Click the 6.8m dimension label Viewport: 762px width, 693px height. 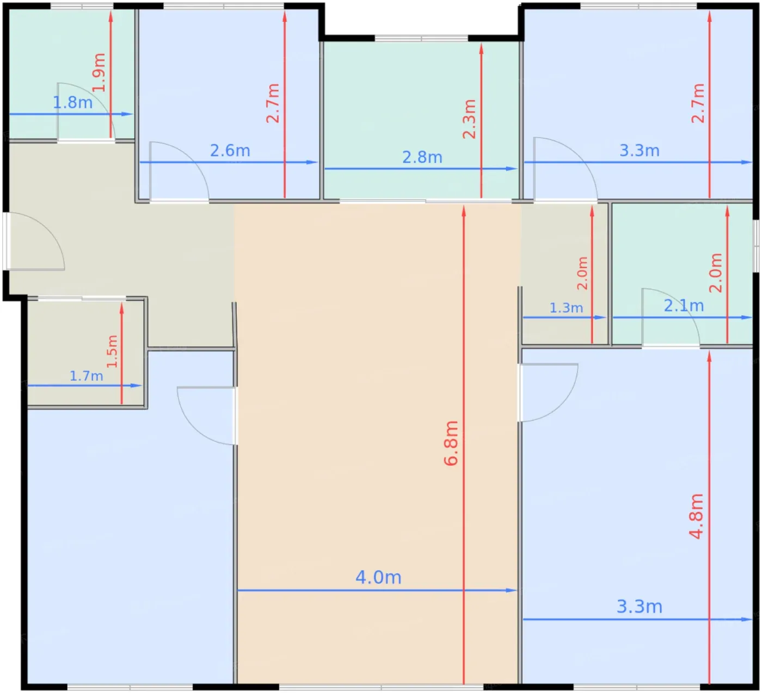451,443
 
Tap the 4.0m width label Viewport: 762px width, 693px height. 378,578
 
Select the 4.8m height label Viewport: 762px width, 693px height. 696,516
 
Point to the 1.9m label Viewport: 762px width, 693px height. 99,72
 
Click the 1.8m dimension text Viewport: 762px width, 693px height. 72,102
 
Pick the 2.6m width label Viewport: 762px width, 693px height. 230,151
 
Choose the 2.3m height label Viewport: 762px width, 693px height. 469,119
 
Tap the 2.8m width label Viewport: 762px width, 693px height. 422,157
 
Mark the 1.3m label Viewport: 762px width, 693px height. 566,308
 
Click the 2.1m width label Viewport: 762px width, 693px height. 684,306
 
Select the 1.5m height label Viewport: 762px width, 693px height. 112,351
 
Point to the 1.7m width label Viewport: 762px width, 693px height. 86,376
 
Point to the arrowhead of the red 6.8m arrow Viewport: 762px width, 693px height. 464,211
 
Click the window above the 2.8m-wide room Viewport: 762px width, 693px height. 421,38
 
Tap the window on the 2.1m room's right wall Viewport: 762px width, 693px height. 756,246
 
